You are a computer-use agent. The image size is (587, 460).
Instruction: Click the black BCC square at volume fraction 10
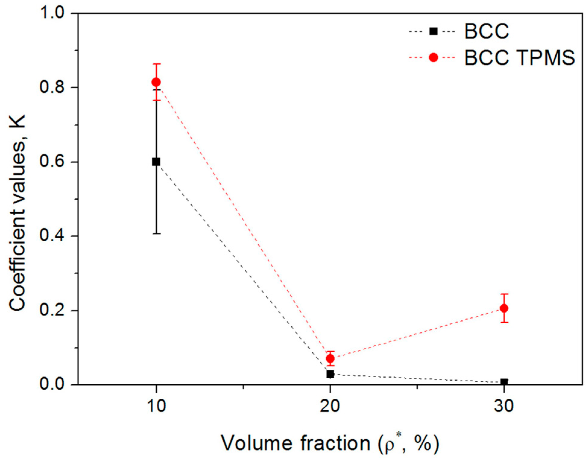[x=156, y=162]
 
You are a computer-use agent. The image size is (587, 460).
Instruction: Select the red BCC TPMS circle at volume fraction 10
[x=156, y=82]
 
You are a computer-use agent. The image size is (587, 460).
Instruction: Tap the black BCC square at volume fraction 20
[x=330, y=374]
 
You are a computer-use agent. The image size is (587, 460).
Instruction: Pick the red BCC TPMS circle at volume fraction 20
[x=330, y=359]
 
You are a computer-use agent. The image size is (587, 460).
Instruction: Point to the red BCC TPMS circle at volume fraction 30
[x=504, y=308]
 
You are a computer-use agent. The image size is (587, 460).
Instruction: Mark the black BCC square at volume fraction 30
[x=504, y=382]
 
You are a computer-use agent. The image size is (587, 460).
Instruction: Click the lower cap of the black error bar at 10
[x=156, y=233]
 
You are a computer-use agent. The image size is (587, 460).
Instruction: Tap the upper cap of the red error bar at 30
[x=504, y=294]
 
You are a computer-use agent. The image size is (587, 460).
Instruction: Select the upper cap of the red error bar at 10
[x=156, y=64]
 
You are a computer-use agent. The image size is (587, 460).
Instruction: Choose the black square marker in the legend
[x=433, y=31]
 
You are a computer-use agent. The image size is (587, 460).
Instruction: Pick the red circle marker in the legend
[x=433, y=57]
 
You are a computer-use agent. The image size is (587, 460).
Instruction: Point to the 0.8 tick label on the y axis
[x=52, y=87]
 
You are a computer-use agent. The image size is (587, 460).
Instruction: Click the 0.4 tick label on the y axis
[x=52, y=236]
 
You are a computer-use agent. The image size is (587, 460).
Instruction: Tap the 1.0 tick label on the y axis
[x=52, y=14]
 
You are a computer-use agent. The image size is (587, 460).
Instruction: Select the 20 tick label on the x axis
[x=330, y=406]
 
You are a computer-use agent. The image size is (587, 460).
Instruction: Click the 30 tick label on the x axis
[x=504, y=406]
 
